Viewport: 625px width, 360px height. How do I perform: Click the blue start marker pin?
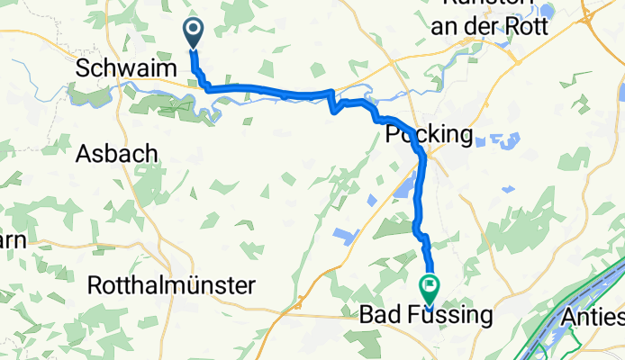(194, 33)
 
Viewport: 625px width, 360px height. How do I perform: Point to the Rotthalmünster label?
(171, 286)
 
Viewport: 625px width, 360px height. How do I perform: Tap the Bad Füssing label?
(426, 316)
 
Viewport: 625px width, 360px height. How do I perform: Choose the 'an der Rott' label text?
(489, 27)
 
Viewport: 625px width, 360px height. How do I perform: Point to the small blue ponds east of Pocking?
(495, 141)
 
